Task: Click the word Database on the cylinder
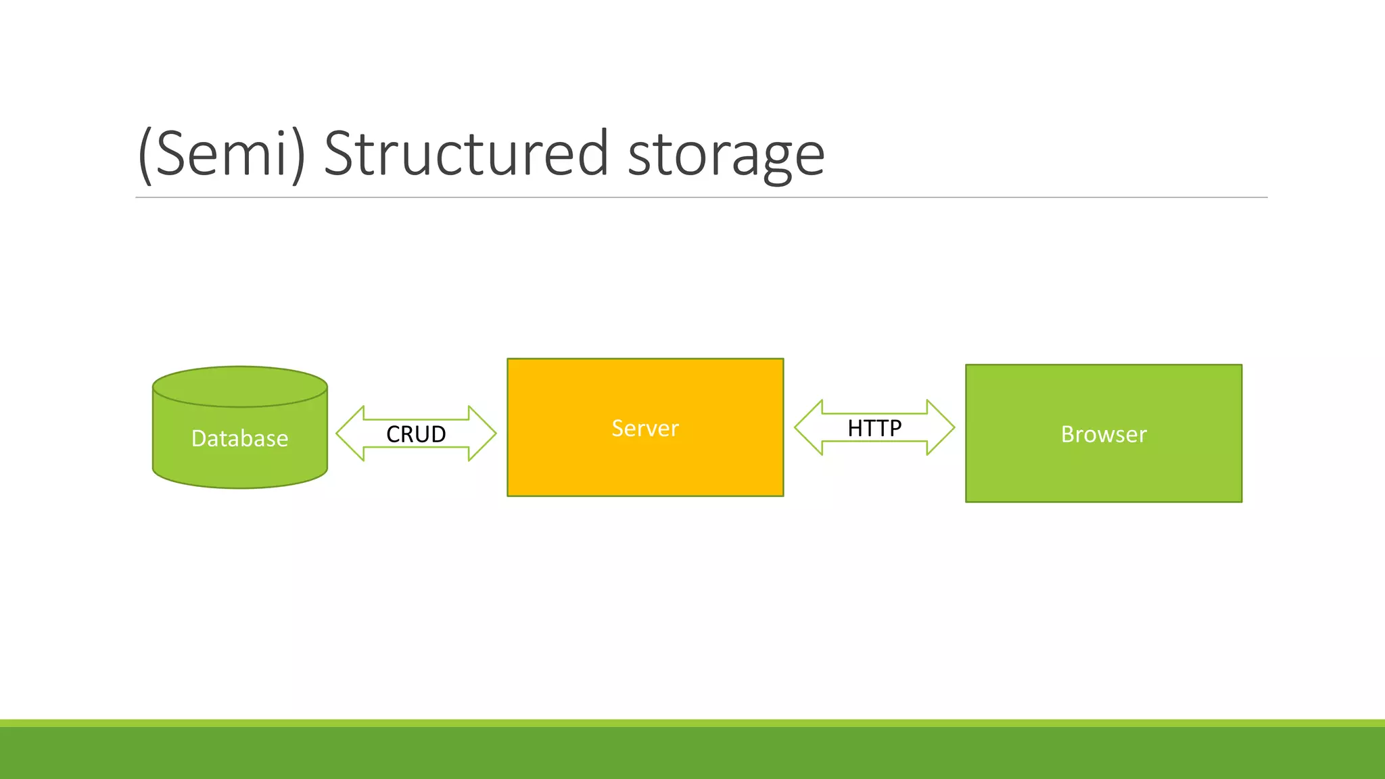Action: (239, 439)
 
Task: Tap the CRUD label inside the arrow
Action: (416, 434)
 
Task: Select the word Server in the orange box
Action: (645, 428)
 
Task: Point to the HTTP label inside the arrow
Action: (874, 428)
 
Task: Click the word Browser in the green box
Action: (1104, 434)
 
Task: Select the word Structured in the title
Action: (467, 154)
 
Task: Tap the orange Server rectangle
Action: (645, 467)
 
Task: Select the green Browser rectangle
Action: (1104, 473)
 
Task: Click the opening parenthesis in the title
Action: (144, 154)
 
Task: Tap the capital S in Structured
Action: (339, 154)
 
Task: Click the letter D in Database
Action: (199, 439)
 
